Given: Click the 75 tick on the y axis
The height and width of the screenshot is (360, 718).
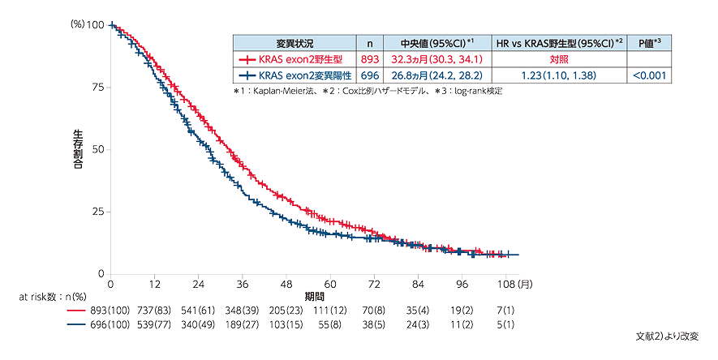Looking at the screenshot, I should click(97, 87).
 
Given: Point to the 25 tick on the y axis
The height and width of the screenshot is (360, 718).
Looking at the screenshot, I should click(97, 212).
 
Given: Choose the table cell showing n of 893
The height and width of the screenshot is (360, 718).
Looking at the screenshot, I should click(370, 59).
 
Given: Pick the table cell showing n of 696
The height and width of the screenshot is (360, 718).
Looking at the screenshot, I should click(370, 75).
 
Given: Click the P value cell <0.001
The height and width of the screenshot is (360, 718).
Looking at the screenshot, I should click(651, 75).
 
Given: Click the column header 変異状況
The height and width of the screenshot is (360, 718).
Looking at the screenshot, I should click(295, 43).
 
